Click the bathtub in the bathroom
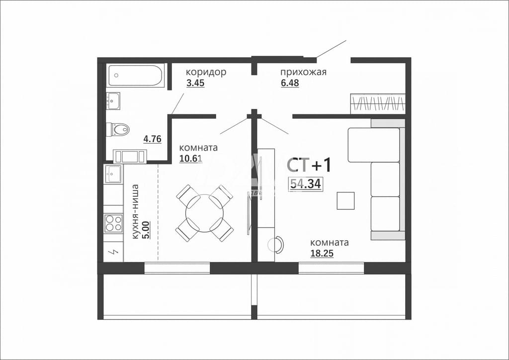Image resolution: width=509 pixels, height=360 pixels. tap(135, 76)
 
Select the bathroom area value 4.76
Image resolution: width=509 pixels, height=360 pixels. tap(153, 139)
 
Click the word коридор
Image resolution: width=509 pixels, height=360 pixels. tap(206, 72)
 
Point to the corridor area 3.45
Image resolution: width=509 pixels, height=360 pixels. tap(195, 83)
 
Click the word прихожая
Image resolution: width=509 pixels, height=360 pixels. tap(303, 72)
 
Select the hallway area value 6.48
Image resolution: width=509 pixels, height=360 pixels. tap(290, 83)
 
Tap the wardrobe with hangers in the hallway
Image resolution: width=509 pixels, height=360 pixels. tap(378, 104)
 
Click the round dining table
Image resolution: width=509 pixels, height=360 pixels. tap(204, 213)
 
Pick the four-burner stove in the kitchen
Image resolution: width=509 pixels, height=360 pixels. tap(113, 223)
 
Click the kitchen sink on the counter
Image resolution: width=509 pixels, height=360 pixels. tap(113, 174)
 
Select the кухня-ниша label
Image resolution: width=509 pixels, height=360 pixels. tap(136, 212)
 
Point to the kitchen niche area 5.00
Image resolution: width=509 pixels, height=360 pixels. tap(147, 230)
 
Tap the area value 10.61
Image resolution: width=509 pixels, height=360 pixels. tap(191, 159)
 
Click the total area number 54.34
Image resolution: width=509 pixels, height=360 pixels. tap(306, 184)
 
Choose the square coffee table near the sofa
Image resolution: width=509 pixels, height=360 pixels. tap(345, 200)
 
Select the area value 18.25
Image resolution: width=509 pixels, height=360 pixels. tap(322, 254)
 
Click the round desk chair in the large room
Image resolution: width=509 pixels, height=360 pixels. tap(275, 244)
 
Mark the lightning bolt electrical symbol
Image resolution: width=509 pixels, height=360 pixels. tap(114, 252)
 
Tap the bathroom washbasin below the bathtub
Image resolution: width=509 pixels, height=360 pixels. tap(113, 101)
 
